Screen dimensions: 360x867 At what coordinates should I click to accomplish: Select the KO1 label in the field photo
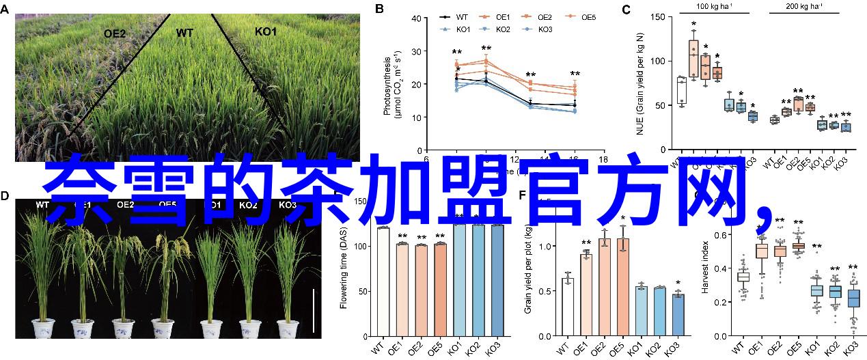pos(265,32)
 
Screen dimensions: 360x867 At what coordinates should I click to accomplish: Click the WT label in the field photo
pos(184,32)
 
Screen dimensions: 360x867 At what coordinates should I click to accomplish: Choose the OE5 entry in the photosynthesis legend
pos(587,16)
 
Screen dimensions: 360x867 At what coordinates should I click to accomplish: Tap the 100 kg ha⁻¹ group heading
pos(715,6)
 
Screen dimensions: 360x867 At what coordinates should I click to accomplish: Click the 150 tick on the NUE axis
pos(657,17)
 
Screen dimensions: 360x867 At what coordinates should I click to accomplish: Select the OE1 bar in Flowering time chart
pos(402,288)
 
